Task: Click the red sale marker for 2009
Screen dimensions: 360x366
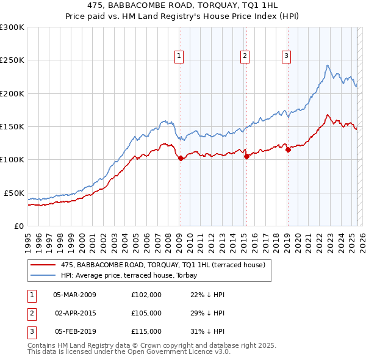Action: pyautogui.click(x=181, y=158)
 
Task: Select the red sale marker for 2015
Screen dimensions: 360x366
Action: pyautogui.click(x=246, y=156)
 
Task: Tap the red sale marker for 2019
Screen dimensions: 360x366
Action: pyautogui.click(x=288, y=149)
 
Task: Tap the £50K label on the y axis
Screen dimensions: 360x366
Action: pyautogui.click(x=13, y=193)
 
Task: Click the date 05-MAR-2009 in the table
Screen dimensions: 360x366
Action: pyautogui.click(x=75, y=294)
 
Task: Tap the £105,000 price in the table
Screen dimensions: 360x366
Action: pyautogui.click(x=146, y=313)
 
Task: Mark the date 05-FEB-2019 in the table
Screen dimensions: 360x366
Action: pyautogui.click(x=75, y=332)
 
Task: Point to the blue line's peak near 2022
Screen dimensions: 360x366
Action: pyautogui.click(x=328, y=65)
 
